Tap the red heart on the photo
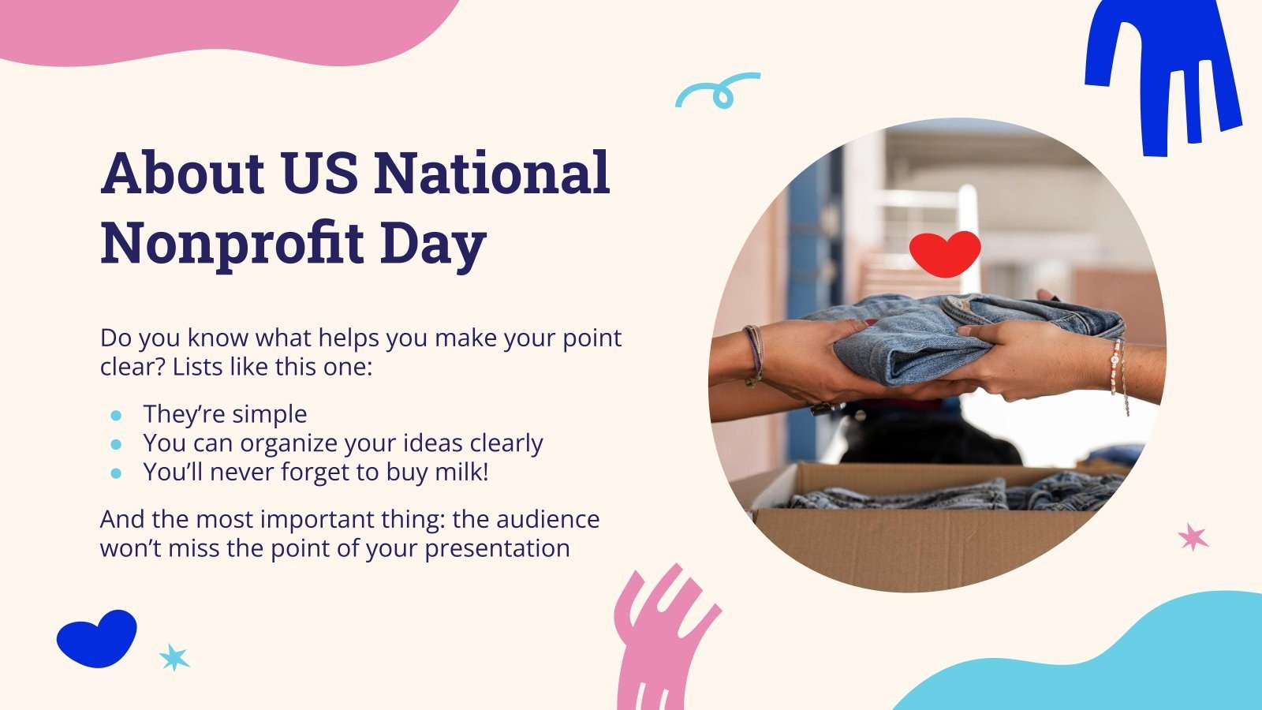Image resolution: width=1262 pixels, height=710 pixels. pos(944,253)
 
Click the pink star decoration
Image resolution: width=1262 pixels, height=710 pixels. pos(1193,537)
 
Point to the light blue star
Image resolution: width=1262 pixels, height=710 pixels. pos(174,656)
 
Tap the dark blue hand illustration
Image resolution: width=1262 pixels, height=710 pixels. pos(1159,71)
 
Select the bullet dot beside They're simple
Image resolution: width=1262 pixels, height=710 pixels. pos(117,415)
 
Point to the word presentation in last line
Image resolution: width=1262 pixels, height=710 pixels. pos(497,548)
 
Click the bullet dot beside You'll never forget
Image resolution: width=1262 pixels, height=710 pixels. pos(117,473)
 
